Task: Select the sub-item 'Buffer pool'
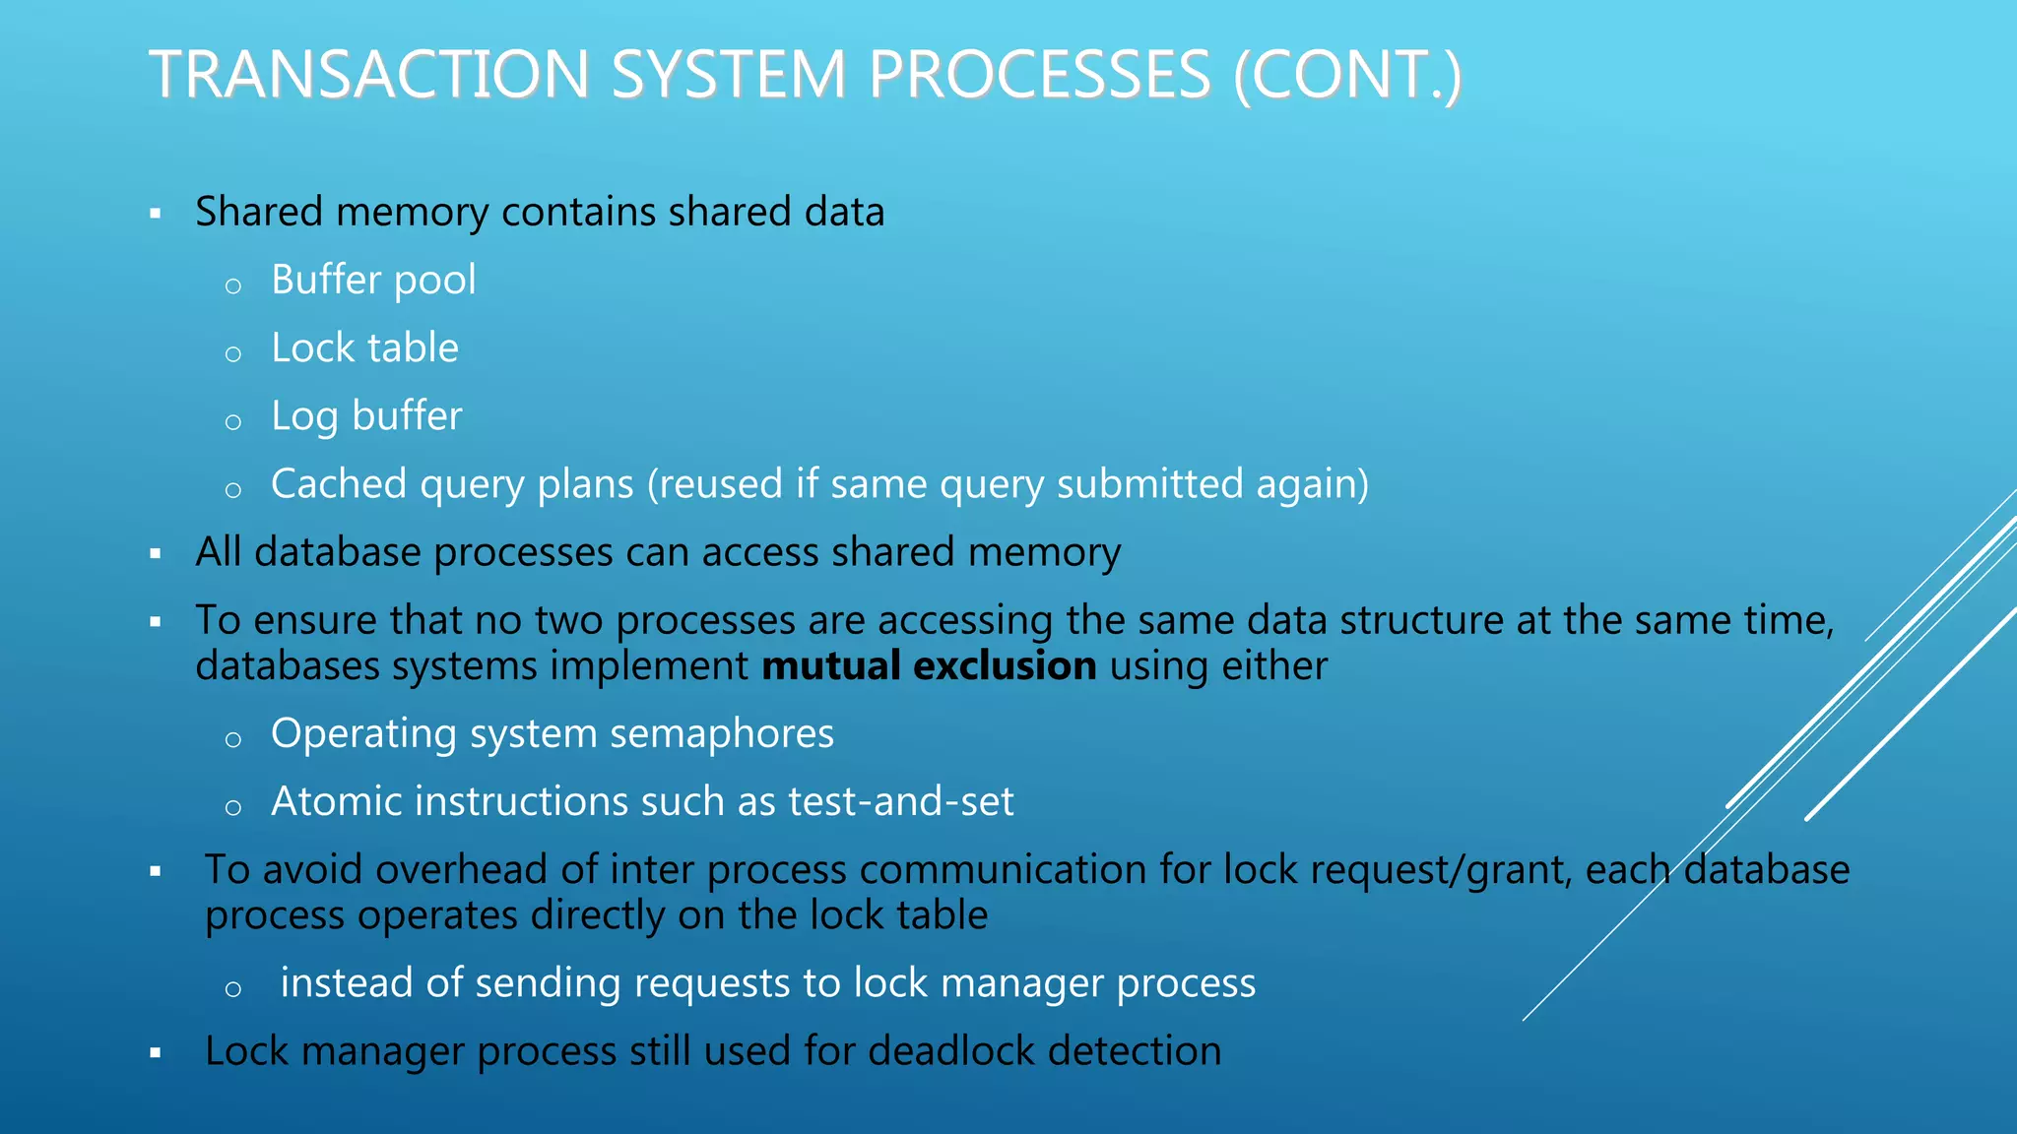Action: click(373, 281)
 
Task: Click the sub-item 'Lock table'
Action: click(364, 348)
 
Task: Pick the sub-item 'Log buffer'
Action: click(366, 416)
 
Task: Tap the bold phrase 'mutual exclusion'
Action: click(929, 666)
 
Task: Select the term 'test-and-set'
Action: click(901, 802)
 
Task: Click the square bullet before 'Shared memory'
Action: click(156, 213)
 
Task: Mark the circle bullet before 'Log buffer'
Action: click(233, 422)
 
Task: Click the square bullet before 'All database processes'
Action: click(156, 553)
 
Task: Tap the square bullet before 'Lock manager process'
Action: click(156, 1052)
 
